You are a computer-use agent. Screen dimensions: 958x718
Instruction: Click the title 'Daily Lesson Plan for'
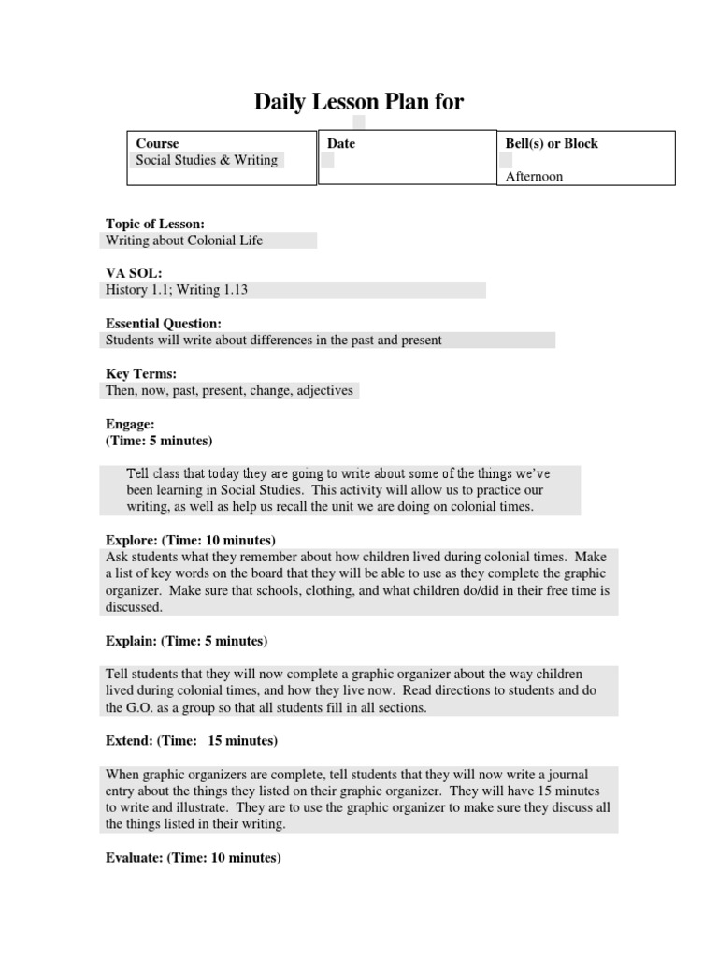point(359,102)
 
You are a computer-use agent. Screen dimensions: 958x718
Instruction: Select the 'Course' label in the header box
point(157,143)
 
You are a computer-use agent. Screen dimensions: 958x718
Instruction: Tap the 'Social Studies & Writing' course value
point(207,160)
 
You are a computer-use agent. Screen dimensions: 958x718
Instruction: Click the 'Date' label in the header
point(341,143)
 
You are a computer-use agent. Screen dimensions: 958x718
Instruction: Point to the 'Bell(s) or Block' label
point(552,143)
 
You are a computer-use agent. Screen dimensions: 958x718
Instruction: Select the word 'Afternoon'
point(534,176)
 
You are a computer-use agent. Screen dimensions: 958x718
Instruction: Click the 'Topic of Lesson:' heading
point(155,224)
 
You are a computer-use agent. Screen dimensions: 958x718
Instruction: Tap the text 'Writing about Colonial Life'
point(184,240)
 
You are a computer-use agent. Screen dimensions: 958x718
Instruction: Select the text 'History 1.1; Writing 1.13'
point(177,291)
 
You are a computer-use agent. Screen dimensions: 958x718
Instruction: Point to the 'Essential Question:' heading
point(164,324)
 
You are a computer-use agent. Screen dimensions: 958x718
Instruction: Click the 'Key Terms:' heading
point(141,374)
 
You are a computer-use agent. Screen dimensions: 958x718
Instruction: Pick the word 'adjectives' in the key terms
point(323,390)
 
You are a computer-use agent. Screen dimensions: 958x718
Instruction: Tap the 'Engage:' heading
point(130,424)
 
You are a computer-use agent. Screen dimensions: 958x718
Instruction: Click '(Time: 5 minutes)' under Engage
point(159,440)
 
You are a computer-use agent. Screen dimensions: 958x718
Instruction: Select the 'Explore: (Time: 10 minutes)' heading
point(190,541)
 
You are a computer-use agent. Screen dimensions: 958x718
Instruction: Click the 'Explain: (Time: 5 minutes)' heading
point(186,641)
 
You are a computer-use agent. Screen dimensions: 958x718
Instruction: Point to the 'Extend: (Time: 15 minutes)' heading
point(191,741)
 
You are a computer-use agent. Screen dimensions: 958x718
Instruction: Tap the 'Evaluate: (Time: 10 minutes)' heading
point(193,858)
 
